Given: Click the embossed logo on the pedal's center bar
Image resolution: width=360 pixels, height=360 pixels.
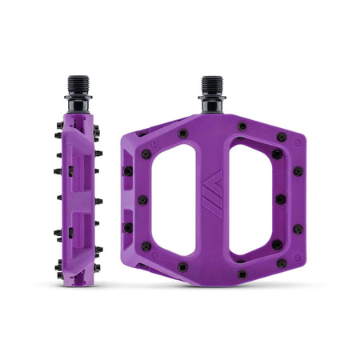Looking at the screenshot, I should (212, 192).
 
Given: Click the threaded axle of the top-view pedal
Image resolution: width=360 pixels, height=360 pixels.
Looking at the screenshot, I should (211, 85).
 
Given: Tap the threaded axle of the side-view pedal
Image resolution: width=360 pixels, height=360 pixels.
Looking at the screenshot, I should (77, 86).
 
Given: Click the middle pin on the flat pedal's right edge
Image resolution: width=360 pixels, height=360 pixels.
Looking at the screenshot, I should (281, 199).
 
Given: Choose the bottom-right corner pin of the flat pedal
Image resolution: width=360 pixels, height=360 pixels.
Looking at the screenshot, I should (278, 244).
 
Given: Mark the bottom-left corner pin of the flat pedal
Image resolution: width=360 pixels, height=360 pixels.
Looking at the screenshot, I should (146, 246).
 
